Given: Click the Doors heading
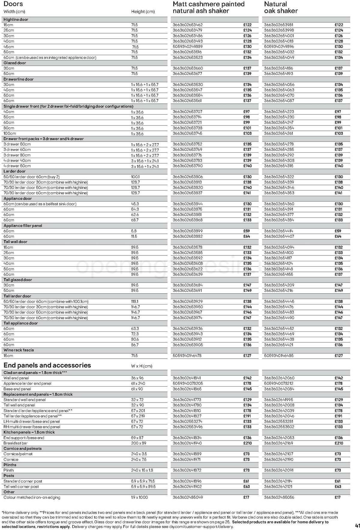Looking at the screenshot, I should pos(13,4).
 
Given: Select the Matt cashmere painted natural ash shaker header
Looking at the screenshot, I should pos(208,7).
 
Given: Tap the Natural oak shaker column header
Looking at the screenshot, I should pos(281,7).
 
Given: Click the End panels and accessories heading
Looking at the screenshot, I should pos(47,365).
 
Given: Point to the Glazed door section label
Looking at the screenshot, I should pos(15,63).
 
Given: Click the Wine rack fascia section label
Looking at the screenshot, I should pos(19,350).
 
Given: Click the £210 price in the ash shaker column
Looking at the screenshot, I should pos(247,443).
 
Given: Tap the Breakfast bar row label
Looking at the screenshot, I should pos(16,443).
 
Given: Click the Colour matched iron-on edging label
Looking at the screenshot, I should pos(32,497).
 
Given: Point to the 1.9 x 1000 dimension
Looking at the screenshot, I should pos(139,497).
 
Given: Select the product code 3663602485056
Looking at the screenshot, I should pos(279,497).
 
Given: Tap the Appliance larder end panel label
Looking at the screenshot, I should pos(27,383).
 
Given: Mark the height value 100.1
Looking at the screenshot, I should pos(135,177).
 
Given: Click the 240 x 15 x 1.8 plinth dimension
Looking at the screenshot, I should pos(142,470).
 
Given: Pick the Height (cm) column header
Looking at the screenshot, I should pos(143,12).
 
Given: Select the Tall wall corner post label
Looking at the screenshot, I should pos(21,487).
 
